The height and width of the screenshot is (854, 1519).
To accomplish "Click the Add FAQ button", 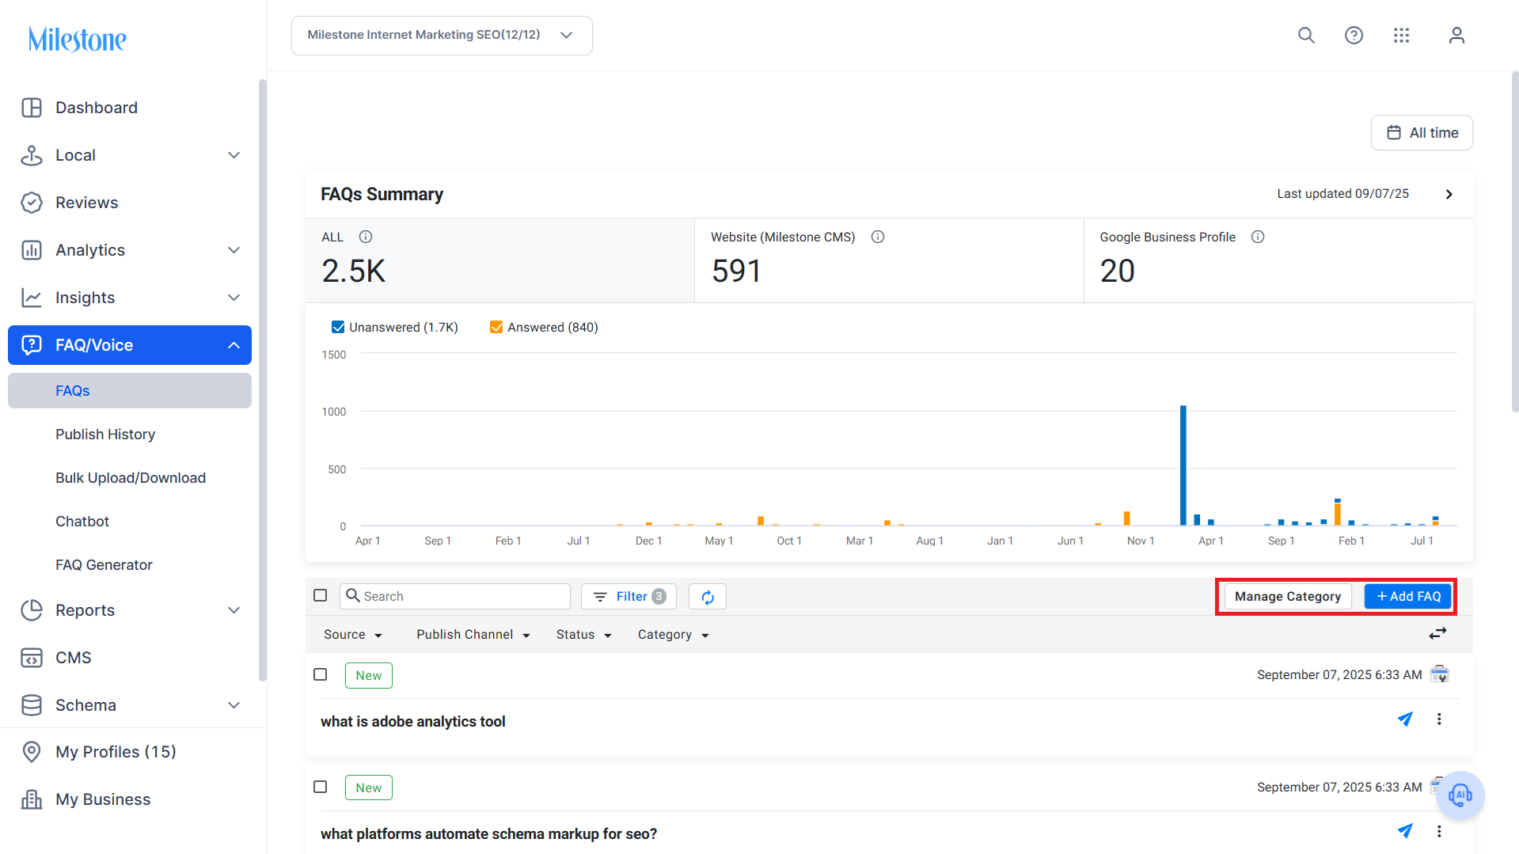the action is (1408, 596).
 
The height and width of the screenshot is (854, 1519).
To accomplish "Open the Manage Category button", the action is (1288, 596).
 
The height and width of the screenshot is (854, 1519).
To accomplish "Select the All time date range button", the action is (1422, 133).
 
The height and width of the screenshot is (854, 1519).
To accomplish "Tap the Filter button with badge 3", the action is (628, 596).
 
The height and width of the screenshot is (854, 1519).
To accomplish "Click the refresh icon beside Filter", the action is (708, 597).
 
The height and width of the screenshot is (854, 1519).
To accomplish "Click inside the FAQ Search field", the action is (455, 596).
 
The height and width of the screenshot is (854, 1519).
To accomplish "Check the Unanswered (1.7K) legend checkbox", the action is (338, 327).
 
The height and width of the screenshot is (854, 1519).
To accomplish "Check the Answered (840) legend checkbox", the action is (496, 327).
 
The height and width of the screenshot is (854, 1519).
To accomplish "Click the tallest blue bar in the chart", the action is (1183, 465).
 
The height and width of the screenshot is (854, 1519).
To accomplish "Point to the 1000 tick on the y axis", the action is (334, 412).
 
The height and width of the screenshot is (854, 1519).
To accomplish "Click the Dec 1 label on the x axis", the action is (648, 541).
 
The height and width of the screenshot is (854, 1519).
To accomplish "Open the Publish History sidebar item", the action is (105, 435).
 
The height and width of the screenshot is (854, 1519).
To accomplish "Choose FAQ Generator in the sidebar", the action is (104, 565).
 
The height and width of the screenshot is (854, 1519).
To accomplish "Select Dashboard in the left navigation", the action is (97, 108).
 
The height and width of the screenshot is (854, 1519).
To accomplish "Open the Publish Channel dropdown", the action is (473, 635).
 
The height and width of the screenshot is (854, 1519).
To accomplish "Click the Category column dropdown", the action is (673, 635).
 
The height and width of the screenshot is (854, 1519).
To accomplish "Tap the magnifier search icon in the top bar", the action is (1306, 36).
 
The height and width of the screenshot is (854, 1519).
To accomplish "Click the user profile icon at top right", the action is (1456, 36).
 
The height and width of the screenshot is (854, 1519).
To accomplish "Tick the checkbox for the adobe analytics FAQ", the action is (321, 674).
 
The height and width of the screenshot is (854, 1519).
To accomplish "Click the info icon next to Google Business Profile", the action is (1258, 237).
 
